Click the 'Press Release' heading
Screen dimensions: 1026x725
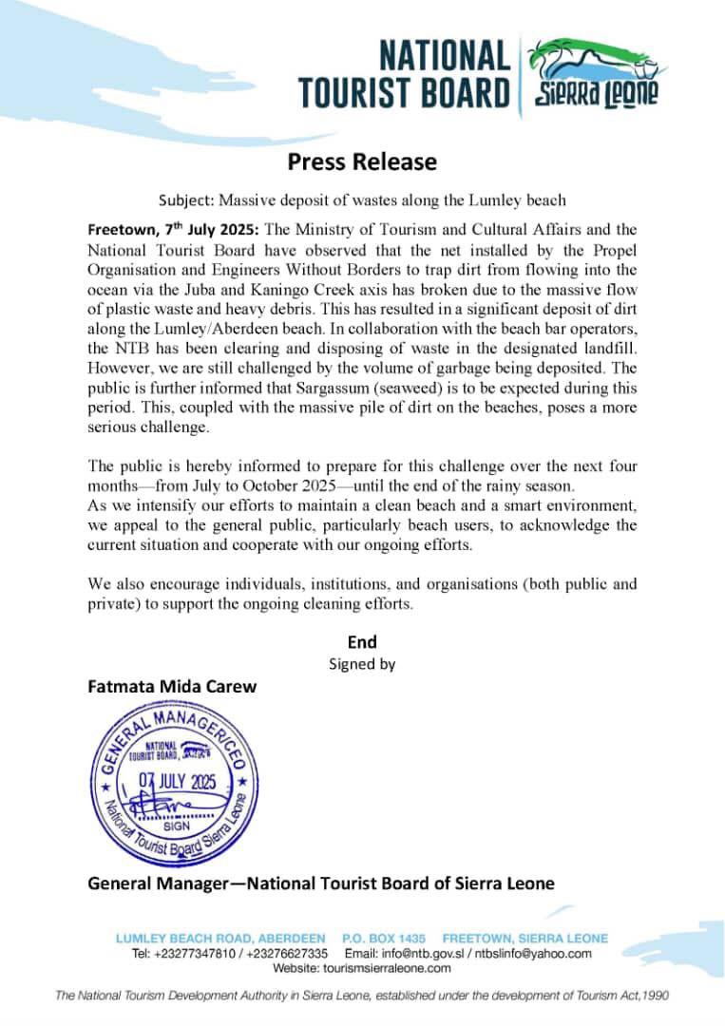(x=362, y=161)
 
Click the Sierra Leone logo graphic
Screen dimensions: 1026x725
(x=593, y=74)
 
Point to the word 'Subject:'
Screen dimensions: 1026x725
(x=186, y=200)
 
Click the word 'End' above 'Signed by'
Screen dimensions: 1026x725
(x=362, y=642)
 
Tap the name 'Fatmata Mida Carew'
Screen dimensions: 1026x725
(x=172, y=686)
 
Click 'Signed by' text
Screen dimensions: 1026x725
(x=362, y=664)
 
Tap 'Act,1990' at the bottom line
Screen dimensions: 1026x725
(x=639, y=996)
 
